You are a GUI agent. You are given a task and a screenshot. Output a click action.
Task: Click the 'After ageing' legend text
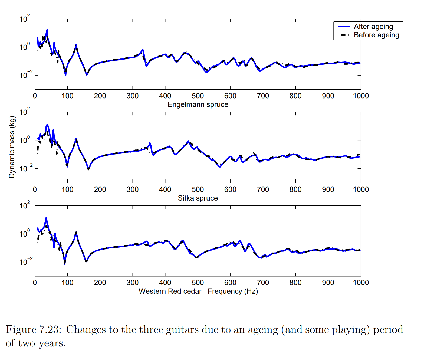click(373, 27)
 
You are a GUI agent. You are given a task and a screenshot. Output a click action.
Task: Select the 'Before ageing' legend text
click(376, 35)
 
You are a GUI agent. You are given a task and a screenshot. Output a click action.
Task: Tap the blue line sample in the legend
click(344, 27)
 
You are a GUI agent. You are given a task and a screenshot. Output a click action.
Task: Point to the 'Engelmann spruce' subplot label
click(198, 104)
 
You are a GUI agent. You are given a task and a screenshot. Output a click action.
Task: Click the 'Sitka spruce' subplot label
click(198, 198)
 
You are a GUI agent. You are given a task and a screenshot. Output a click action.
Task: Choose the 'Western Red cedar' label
click(170, 291)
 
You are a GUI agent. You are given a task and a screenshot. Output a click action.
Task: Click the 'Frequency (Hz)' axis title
click(233, 291)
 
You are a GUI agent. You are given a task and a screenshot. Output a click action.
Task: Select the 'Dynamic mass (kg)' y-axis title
click(12, 147)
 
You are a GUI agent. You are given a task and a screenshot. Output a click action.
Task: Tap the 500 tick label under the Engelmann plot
click(198, 96)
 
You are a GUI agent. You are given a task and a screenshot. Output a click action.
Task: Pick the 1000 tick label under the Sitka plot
click(361, 189)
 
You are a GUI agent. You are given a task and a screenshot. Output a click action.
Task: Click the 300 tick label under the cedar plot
click(133, 283)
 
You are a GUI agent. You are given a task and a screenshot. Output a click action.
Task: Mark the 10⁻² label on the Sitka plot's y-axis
click(26, 168)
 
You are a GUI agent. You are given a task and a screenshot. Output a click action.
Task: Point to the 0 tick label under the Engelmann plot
click(35, 96)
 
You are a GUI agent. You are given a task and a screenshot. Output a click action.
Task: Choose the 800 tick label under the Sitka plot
click(295, 189)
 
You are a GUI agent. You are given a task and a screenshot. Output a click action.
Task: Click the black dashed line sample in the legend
click(344, 35)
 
